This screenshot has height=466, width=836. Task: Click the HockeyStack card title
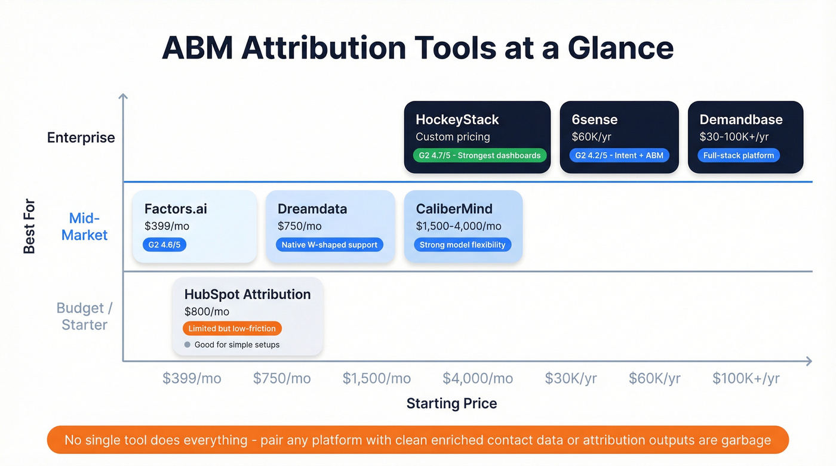(457, 119)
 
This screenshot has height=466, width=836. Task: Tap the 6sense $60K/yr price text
(591, 137)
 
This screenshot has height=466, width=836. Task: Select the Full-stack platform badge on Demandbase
(738, 156)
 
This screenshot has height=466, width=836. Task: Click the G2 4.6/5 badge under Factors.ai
(164, 245)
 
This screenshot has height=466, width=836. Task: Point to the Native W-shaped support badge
(329, 245)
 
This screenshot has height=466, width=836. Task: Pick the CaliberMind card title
(454, 209)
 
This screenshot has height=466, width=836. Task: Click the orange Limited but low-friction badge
(232, 328)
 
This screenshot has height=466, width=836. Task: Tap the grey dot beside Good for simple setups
(188, 345)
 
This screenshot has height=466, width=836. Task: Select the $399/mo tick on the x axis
(192, 378)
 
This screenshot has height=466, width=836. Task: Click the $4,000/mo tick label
(477, 378)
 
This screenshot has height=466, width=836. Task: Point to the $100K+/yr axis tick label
(746, 378)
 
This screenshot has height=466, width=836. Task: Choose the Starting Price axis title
(451, 403)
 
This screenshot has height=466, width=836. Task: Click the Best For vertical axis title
(29, 226)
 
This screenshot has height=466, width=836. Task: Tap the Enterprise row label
(81, 138)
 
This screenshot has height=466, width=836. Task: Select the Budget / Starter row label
(84, 316)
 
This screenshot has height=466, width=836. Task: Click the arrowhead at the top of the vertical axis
(123, 97)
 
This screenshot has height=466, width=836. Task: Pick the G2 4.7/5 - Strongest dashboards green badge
(479, 156)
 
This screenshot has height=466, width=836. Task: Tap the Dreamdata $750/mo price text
(299, 226)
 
